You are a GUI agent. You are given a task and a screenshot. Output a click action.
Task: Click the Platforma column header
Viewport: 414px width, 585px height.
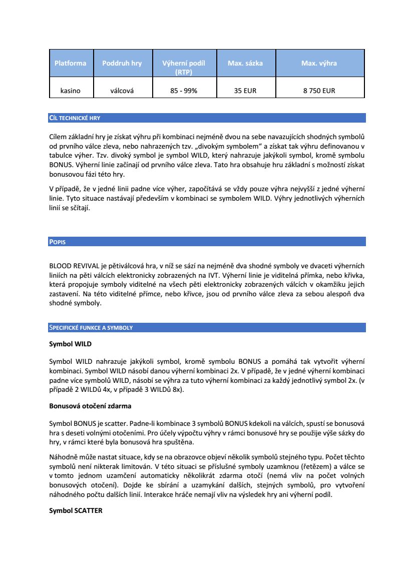coord(71,64)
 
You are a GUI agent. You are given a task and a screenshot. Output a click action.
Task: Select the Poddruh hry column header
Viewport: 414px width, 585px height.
coord(122,64)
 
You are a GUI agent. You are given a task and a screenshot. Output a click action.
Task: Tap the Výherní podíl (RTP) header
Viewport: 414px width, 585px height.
coord(184,68)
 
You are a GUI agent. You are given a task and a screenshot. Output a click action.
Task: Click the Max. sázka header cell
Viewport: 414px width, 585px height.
coord(245,64)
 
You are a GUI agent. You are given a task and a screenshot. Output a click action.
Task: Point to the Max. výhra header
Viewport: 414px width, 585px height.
coord(319,64)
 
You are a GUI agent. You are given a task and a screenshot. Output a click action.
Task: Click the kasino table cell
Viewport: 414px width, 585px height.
coord(71,91)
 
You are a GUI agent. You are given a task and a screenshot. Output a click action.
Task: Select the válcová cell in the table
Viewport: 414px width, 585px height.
coord(122,91)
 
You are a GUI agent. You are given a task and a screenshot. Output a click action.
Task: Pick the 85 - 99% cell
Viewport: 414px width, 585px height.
coord(184,91)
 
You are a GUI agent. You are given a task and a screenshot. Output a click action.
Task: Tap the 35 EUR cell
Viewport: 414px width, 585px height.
coord(245,91)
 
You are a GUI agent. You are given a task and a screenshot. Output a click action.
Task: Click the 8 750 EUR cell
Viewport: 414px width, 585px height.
coord(319,91)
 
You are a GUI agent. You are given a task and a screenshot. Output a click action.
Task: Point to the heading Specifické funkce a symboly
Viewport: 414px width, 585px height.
coord(91,328)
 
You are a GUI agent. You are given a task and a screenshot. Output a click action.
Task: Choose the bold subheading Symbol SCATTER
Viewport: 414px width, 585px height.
coord(76,511)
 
